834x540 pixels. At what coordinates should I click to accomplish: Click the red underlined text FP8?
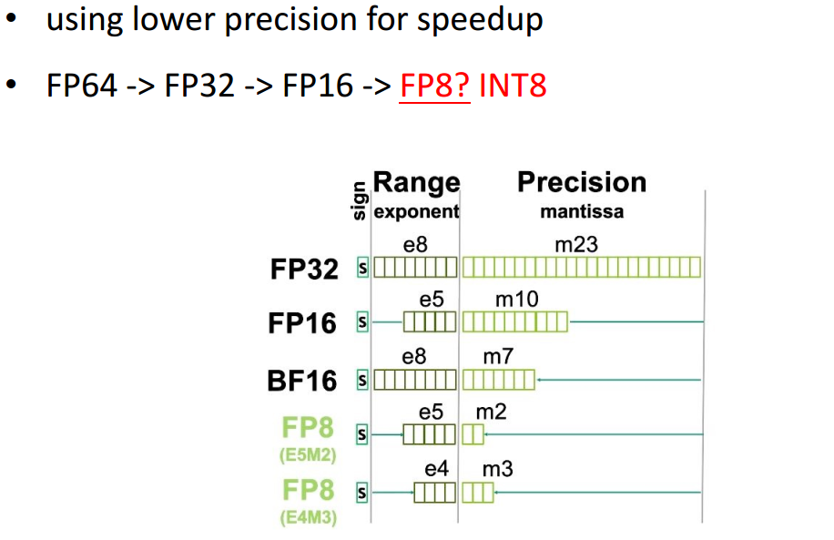coord(434,86)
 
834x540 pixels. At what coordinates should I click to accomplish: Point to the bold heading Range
coord(416,182)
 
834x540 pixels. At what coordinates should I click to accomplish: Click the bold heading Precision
coord(582,182)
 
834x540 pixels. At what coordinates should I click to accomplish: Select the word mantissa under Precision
coord(582,213)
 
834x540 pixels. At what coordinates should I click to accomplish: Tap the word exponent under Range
coord(416,213)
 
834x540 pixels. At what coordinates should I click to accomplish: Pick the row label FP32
coord(304,269)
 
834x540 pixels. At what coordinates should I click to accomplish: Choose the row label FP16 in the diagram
coord(302,323)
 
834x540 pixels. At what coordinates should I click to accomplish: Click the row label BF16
coord(302,380)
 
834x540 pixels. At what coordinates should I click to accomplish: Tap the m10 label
coord(516,299)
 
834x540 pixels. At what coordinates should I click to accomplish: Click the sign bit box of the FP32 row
coord(362,268)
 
